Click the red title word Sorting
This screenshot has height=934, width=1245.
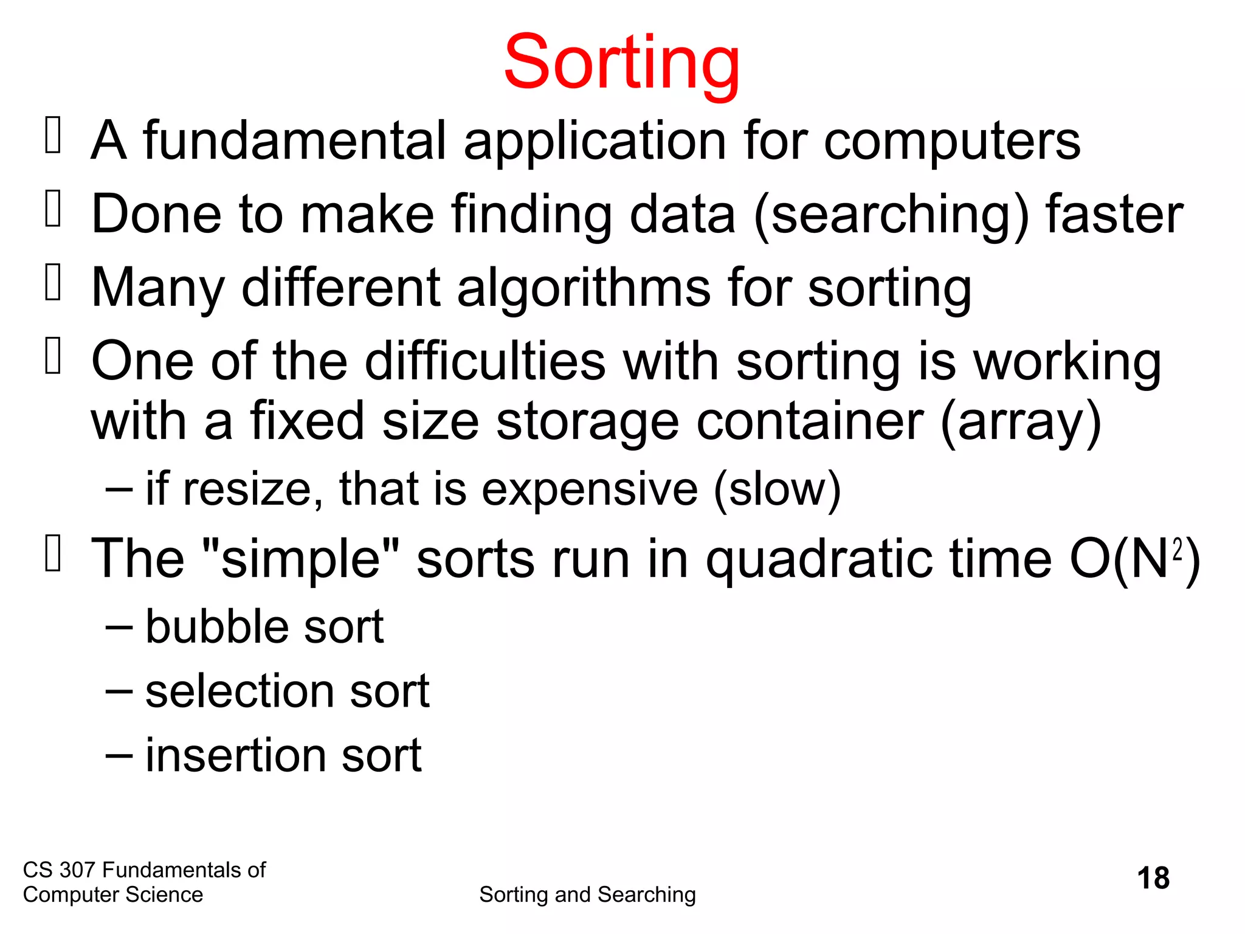pos(621,63)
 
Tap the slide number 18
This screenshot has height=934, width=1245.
pos(1153,878)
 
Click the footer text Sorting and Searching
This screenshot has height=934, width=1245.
pos(587,894)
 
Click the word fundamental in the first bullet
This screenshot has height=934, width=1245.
pos(295,140)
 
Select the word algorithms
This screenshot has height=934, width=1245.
pos(584,289)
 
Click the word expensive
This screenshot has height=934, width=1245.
pos(590,490)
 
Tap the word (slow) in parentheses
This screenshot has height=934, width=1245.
pos(778,490)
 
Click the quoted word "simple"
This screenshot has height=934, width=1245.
pos(300,559)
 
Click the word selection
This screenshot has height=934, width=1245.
pos(240,691)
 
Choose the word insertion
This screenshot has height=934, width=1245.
pos(235,756)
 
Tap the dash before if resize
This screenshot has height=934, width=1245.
pos(119,489)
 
